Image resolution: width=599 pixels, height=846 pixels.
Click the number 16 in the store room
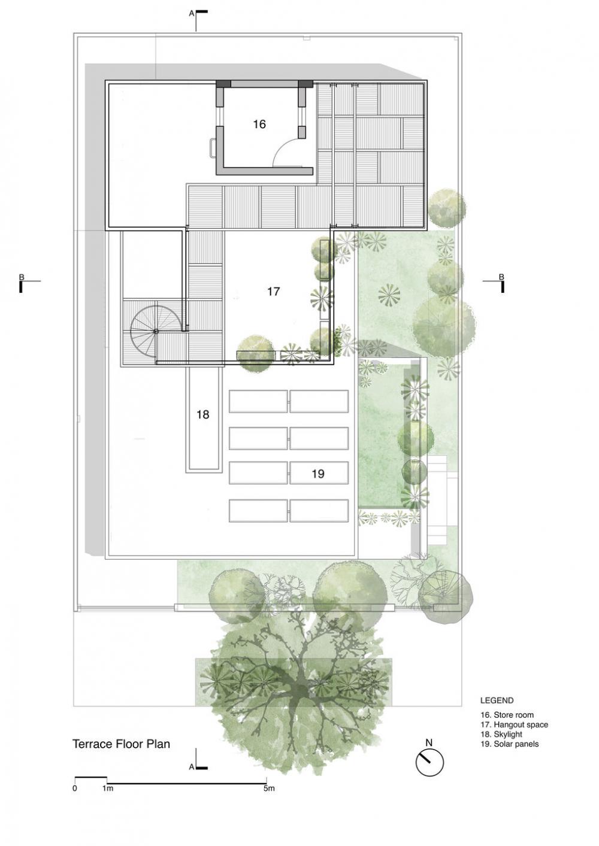point(259,124)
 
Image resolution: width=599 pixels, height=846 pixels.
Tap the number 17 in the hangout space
point(273,291)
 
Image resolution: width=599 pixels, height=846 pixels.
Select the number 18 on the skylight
point(203,415)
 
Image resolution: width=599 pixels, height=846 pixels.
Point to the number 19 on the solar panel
point(318,474)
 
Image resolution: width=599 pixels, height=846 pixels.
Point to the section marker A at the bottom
point(197,766)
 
